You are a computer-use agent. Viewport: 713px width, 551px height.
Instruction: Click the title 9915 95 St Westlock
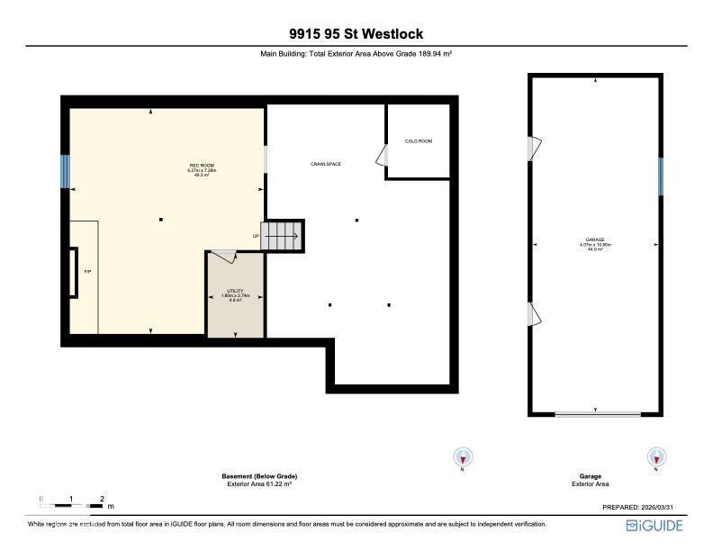356,34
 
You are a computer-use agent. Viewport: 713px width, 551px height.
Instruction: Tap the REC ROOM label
202,165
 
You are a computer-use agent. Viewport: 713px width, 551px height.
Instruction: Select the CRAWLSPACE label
325,164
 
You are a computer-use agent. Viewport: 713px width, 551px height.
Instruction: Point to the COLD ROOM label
418,141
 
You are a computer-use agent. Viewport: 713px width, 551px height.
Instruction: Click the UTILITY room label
235,292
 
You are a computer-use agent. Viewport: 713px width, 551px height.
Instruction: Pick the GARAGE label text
594,239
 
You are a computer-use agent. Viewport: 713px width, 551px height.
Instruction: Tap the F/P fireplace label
87,271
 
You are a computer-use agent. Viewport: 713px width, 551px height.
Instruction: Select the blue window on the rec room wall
65,172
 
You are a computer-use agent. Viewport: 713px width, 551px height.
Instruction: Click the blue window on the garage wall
660,176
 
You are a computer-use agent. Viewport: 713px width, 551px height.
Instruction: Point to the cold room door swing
381,156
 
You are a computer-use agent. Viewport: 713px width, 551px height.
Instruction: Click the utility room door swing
224,257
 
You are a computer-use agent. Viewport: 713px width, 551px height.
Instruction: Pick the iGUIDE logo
655,526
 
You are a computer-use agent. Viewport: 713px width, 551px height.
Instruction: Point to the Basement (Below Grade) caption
259,476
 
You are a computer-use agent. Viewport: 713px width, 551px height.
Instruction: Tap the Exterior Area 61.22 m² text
259,484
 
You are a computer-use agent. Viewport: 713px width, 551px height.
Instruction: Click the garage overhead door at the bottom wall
597,414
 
